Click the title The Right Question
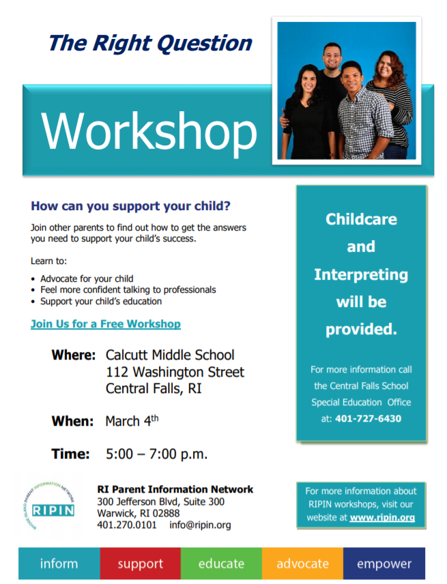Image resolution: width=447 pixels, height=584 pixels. click(x=151, y=43)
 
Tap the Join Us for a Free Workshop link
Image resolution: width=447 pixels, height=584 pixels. click(x=105, y=324)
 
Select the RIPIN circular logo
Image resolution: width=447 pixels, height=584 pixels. click(x=49, y=506)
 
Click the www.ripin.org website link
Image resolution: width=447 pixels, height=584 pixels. click(x=382, y=518)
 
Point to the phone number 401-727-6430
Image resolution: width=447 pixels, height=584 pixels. click(x=368, y=419)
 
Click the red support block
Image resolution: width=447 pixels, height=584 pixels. click(x=141, y=564)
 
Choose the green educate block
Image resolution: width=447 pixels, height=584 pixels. click(x=221, y=564)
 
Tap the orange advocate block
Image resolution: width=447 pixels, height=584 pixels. click(x=302, y=564)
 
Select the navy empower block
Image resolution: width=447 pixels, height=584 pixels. click(x=384, y=564)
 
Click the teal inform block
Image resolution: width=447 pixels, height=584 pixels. click(x=59, y=564)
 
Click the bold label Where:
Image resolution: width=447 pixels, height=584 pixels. click(x=74, y=355)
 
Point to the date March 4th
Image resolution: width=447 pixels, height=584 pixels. click(x=132, y=421)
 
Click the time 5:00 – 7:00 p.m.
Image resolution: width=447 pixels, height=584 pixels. click(x=156, y=454)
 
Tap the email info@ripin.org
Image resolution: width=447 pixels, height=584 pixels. click(x=200, y=525)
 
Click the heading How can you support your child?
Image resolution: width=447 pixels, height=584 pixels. click(x=130, y=206)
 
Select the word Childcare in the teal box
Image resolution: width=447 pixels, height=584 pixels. click(x=361, y=219)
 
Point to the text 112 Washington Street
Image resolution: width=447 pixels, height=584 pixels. click(x=175, y=372)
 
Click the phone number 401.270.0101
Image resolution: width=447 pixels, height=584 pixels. click(x=127, y=525)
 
